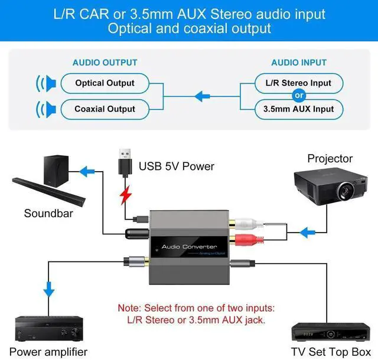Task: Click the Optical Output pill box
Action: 105,83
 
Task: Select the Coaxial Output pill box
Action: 105,109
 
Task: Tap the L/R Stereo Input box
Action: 299,83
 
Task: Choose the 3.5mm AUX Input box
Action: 299,109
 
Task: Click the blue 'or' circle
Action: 299,96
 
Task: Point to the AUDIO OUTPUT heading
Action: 105,63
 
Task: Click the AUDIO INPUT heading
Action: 299,63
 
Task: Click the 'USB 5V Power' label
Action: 177,166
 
